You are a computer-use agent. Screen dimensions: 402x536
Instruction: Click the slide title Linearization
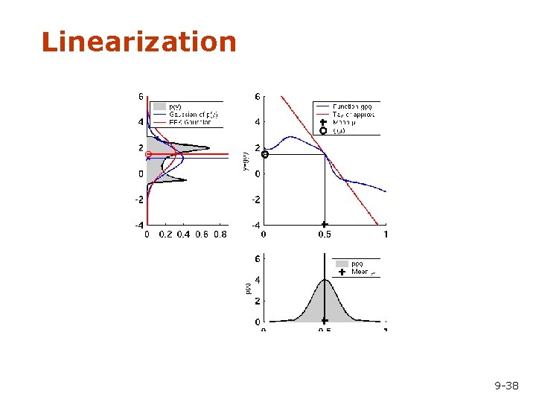coord(139,42)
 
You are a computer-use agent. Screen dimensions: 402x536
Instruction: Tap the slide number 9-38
coord(507,386)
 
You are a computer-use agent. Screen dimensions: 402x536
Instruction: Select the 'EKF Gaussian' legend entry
coord(191,122)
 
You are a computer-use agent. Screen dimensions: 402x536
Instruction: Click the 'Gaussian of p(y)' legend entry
coord(194,114)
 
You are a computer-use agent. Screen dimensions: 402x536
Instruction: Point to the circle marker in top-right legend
coord(323,131)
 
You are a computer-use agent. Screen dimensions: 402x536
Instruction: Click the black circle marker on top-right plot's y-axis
coord(264,154)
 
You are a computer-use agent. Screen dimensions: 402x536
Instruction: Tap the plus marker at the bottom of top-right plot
coord(324,224)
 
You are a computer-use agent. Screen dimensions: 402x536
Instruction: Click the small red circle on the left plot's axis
coord(148,154)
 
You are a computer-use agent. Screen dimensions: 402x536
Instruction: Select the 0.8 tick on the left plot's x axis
coord(220,234)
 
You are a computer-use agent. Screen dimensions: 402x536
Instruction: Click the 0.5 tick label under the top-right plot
coord(325,234)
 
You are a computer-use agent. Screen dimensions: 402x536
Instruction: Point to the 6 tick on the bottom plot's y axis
coord(258,259)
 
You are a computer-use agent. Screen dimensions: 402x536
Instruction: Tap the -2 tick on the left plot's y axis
coord(139,200)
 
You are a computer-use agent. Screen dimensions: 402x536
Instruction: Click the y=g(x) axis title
coord(246,160)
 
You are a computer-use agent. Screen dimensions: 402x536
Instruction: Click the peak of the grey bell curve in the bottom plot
coord(324,280)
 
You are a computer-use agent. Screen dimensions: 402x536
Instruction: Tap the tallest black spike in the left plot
coord(208,147)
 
